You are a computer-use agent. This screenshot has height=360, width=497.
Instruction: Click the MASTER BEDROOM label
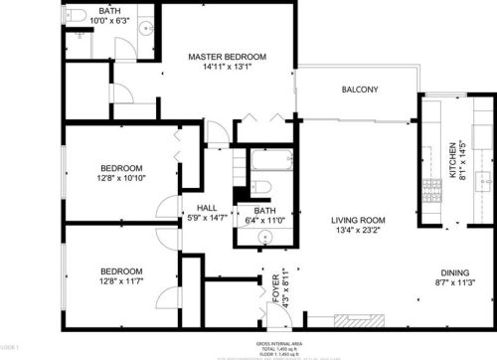pos(229,57)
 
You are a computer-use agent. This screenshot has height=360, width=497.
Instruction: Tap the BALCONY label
pos(360,90)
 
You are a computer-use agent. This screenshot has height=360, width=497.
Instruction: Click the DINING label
pos(458,272)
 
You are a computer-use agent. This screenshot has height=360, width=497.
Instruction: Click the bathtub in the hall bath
pos(263,160)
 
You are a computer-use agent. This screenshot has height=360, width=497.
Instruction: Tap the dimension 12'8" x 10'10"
pos(121,179)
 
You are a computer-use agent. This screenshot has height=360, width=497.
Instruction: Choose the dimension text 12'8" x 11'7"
pos(121,283)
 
